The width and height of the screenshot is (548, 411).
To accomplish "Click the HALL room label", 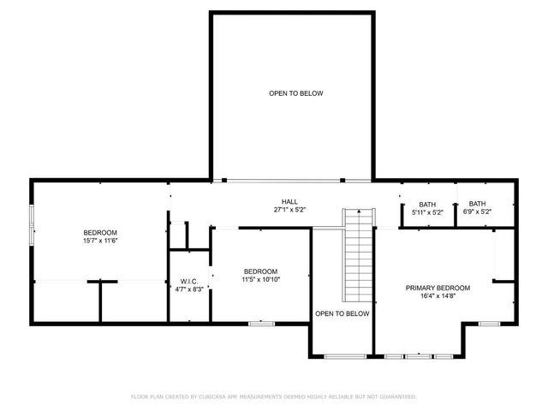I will coord(289,201).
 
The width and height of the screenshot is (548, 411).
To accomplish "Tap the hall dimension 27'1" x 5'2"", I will coord(289,210).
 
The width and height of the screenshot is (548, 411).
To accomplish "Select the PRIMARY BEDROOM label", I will coord(438,288).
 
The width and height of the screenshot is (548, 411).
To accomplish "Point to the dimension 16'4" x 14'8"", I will coord(438,296).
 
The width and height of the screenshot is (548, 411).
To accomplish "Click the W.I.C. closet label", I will coord(189,281).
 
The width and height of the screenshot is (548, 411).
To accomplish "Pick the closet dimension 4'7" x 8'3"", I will coord(189,289).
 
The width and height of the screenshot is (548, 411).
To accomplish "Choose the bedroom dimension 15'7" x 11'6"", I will coord(100,241).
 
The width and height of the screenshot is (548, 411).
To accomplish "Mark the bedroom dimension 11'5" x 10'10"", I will coord(260,279).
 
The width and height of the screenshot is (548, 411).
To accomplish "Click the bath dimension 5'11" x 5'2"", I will coord(427,211).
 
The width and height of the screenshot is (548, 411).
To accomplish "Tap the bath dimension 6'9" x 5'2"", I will coord(477,211).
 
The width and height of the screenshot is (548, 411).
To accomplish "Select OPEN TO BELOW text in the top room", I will coord(295,93).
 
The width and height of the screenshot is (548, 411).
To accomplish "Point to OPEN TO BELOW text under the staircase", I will coord(342,313).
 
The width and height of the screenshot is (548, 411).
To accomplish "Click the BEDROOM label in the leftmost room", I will coord(100,233).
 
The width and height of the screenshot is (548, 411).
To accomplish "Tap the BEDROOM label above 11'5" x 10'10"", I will coord(260,271).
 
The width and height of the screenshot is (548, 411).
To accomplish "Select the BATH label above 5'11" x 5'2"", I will coord(427,204).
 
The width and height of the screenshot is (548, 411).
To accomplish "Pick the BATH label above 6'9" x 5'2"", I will coord(477,204).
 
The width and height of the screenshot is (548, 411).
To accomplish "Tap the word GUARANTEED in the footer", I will coord(397,396).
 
